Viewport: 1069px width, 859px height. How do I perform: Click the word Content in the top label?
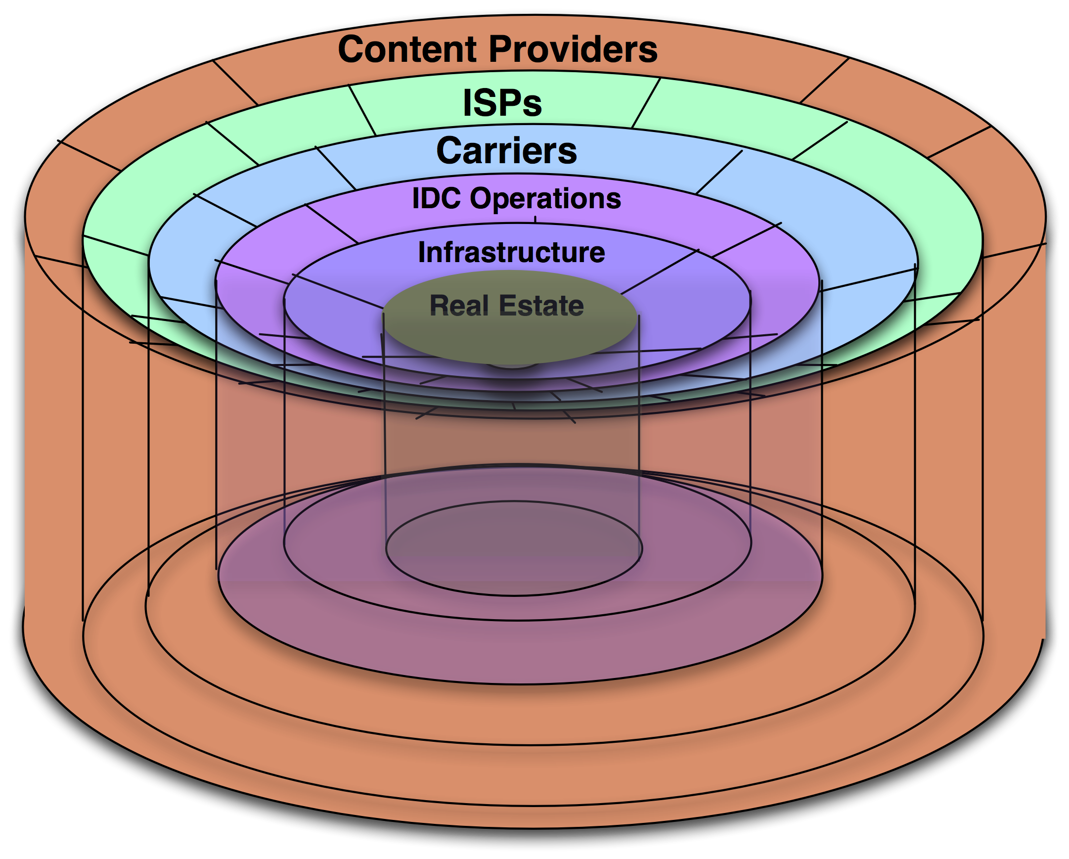pyautogui.click(x=407, y=49)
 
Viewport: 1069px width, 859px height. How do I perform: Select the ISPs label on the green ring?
pyautogui.click(x=502, y=103)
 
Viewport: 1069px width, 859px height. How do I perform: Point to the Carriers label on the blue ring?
pyautogui.click(x=506, y=151)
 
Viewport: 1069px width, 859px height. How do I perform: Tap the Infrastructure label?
pyautogui.click(x=511, y=252)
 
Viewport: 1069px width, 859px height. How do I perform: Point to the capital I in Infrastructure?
pyautogui.click(x=422, y=252)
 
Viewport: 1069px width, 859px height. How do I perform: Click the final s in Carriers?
pyautogui.click(x=568, y=153)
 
